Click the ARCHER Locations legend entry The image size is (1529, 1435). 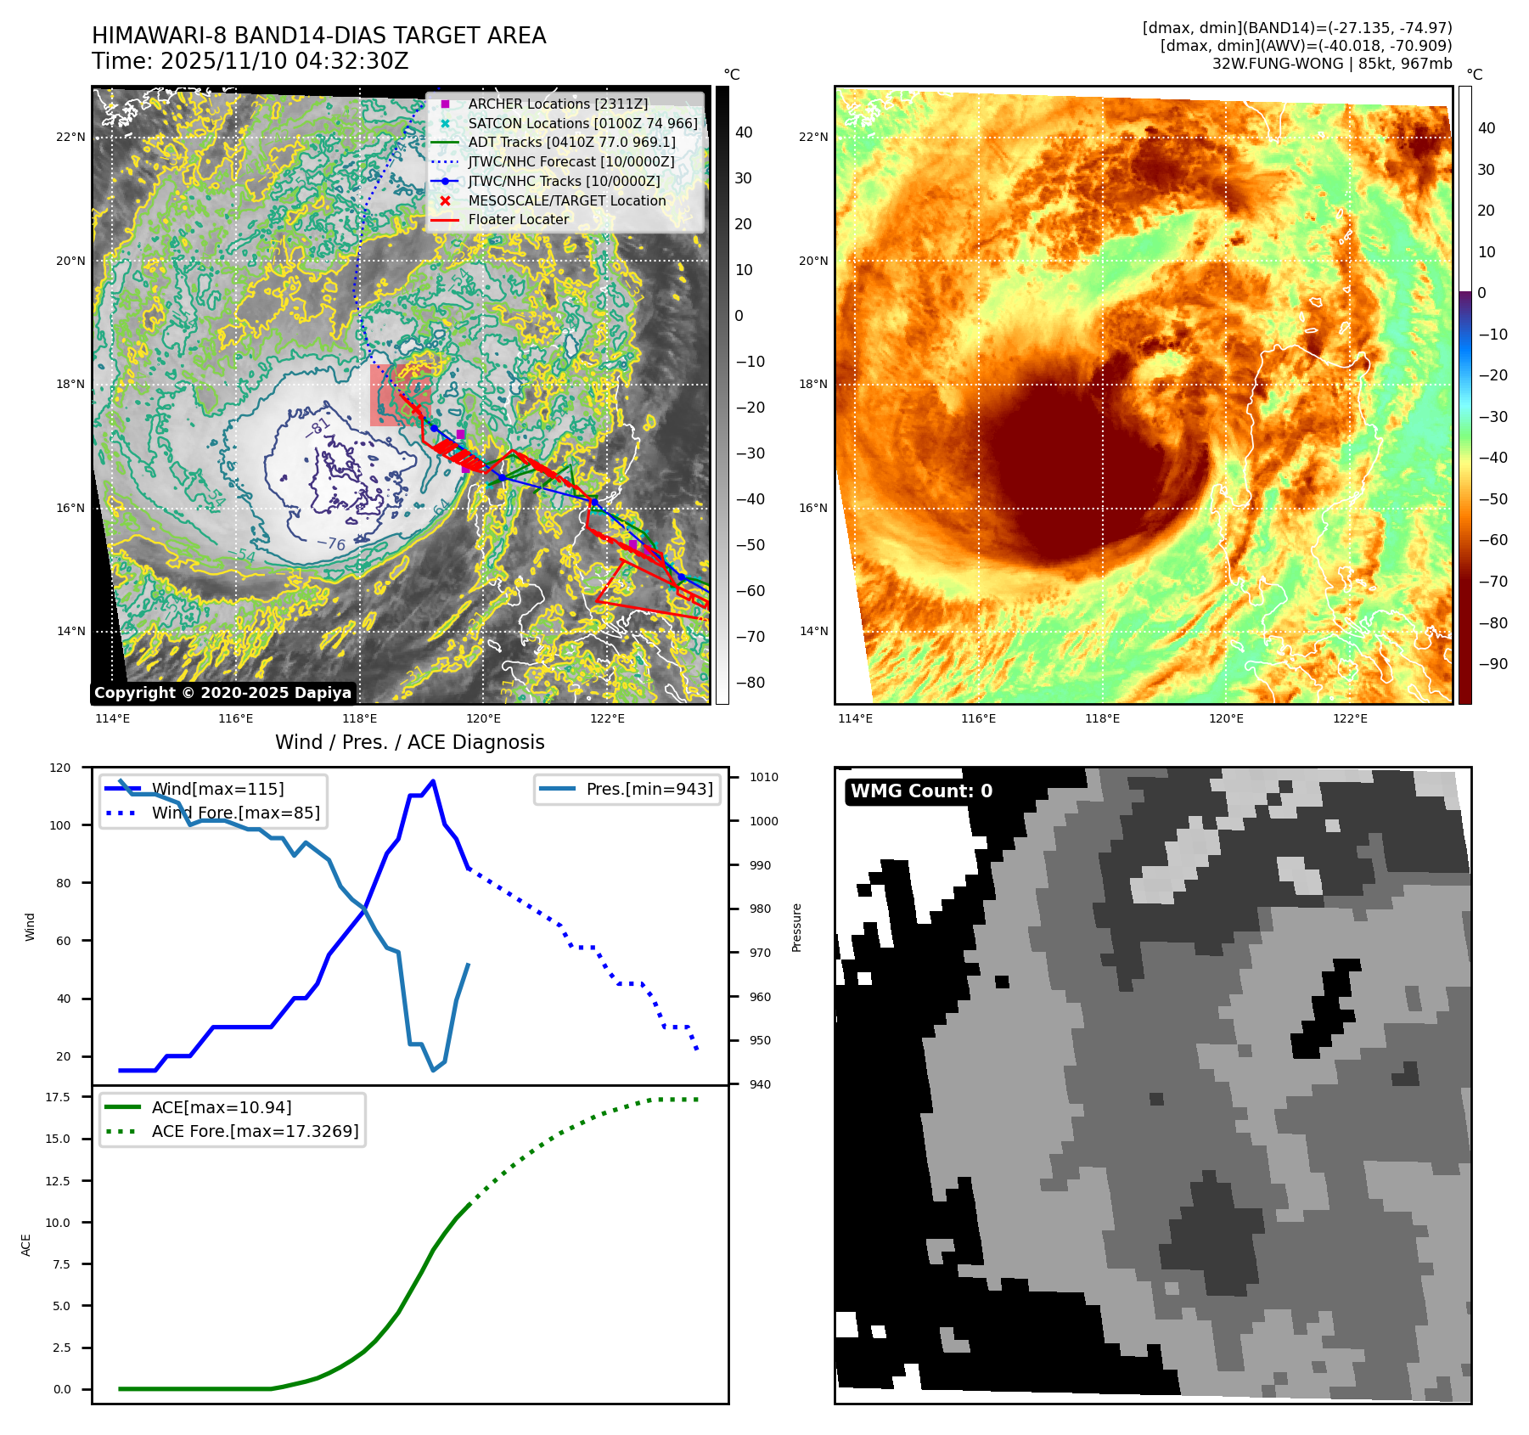click(558, 104)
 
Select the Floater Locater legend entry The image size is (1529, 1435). click(518, 219)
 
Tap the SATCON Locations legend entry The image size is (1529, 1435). click(582, 123)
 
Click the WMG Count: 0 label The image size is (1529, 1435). click(921, 791)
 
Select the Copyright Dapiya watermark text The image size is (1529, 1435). click(222, 693)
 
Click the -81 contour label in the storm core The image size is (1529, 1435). click(318, 425)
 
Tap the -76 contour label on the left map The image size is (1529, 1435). click(331, 543)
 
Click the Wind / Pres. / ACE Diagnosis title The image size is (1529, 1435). click(409, 742)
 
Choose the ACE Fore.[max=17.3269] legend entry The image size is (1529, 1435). click(255, 1131)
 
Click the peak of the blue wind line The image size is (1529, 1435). click(433, 781)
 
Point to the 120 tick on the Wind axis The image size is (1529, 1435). click(60, 768)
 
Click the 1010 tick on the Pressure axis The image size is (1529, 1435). click(763, 777)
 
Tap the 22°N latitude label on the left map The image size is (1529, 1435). click(71, 137)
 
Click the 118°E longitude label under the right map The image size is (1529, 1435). click(1102, 718)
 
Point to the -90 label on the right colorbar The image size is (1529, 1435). click(1492, 664)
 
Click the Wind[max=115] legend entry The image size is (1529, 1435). click(217, 789)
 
